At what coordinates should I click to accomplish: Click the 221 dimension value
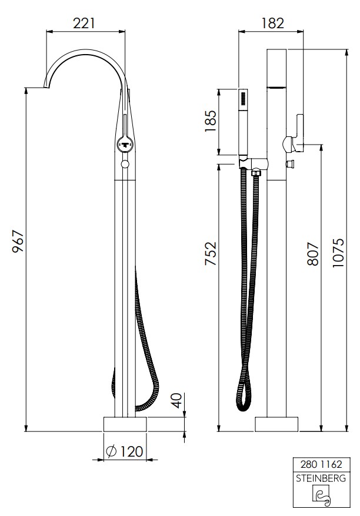[84, 24]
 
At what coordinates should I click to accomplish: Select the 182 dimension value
[272, 24]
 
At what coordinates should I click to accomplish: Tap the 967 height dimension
[18, 241]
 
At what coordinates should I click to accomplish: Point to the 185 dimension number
[211, 121]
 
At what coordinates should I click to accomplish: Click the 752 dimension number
[211, 253]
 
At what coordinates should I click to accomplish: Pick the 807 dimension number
[313, 254]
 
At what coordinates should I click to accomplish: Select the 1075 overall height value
[338, 252]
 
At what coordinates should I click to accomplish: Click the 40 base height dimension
[178, 400]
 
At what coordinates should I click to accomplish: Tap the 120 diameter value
[131, 451]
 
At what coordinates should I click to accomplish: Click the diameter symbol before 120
[111, 451]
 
